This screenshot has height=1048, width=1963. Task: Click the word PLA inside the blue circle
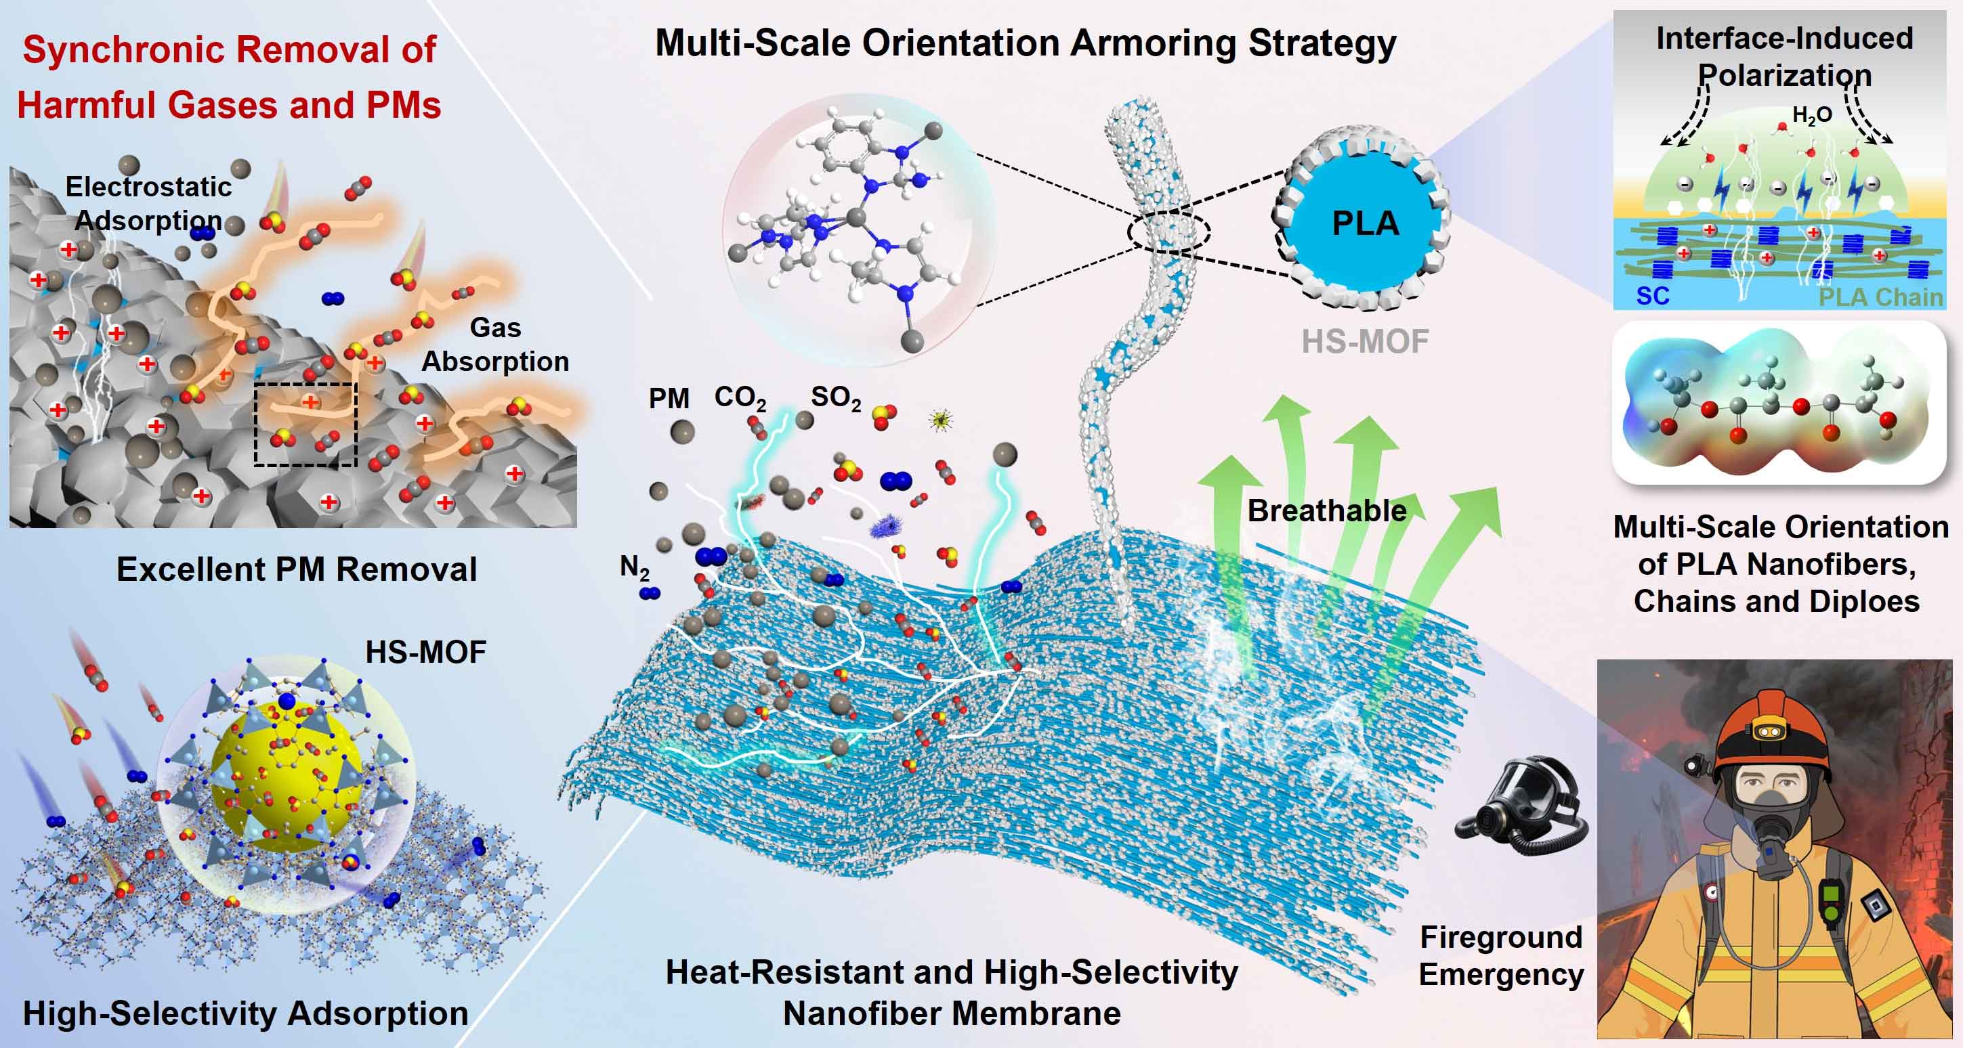(1365, 223)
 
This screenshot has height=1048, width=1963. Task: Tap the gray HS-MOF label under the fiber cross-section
(1365, 341)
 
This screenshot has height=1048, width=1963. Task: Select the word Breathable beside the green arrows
(1327, 510)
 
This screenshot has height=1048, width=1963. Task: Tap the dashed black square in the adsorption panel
(305, 424)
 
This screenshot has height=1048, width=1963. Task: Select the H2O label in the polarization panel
(1812, 116)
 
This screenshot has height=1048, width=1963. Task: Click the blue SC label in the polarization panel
(1653, 295)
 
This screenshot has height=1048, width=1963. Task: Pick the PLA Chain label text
(1880, 297)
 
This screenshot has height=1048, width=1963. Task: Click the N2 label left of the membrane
(634, 567)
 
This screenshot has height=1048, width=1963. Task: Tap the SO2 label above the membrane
(836, 397)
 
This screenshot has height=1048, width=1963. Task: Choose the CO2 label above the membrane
(740, 397)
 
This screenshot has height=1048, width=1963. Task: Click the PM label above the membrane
(669, 398)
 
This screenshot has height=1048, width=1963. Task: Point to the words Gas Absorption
(495, 344)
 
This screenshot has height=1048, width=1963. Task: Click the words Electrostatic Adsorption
(148, 203)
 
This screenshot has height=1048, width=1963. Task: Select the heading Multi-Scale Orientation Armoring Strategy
(1026, 43)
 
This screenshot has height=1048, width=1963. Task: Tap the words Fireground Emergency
(1500, 955)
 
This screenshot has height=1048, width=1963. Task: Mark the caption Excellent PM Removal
(297, 569)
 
